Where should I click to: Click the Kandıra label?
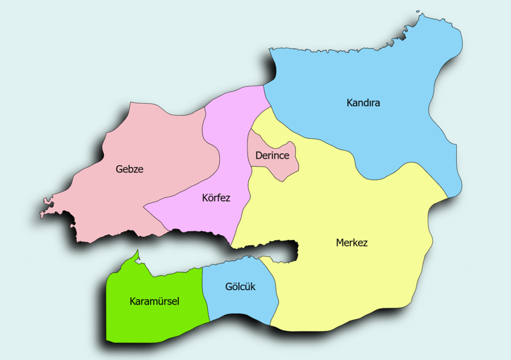pos(363,103)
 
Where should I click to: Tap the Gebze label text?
pos(129,169)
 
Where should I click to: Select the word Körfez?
pos(216,198)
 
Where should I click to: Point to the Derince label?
pos(272,156)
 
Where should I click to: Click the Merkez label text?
pos(352,243)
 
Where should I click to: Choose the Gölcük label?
pos(240,287)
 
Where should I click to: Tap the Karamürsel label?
pos(154,301)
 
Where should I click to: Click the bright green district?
pos(150,320)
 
